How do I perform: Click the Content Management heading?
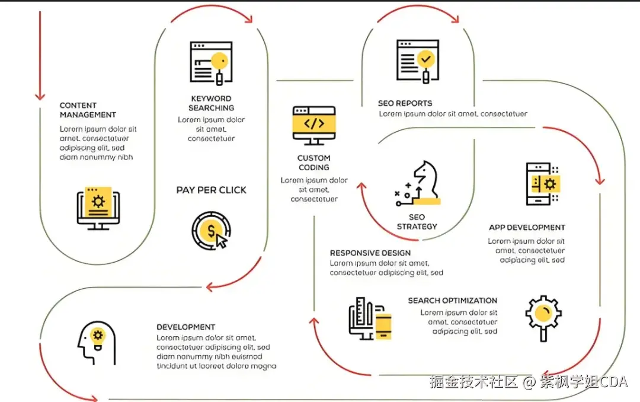(88, 110)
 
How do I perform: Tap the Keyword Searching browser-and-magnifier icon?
(210, 62)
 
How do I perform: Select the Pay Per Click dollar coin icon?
(210, 229)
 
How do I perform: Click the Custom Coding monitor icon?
(314, 125)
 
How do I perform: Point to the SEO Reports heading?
(405, 103)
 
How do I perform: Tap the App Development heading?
(527, 228)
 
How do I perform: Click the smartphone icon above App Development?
(543, 184)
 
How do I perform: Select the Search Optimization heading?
(452, 301)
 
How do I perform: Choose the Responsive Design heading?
(370, 253)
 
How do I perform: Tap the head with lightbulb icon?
(96, 343)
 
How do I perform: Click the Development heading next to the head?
(185, 327)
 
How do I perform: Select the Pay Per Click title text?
(211, 190)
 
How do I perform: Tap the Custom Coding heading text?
(314, 162)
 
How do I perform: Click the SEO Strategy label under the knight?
(417, 222)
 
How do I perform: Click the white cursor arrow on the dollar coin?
(222, 241)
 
